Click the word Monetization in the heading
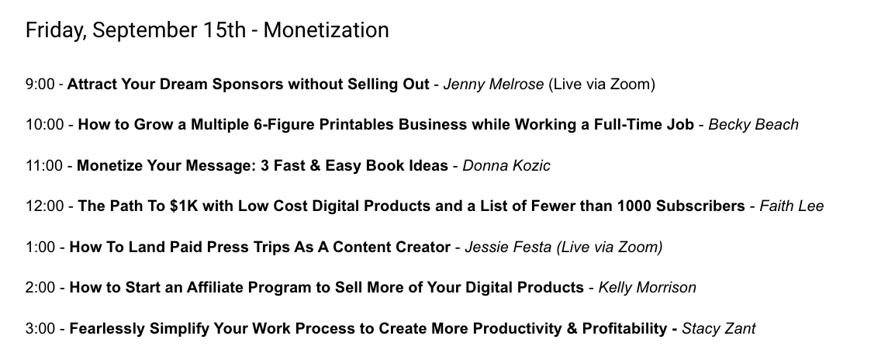pos(326,29)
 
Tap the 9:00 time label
pos(40,85)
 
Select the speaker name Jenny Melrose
pos(494,85)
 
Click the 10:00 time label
pos(45,125)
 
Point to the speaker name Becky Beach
pos(753,125)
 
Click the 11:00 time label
pos(44,166)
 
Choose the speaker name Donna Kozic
pos(506,166)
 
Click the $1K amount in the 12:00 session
pos(184,206)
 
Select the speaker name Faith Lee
pos(792,206)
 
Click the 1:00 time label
pos(40,247)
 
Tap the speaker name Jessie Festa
pos(508,247)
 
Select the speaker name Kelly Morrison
pos(648,288)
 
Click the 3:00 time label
pos(40,329)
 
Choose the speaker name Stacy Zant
pos(719,329)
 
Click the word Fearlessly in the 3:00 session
pos(107,329)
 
